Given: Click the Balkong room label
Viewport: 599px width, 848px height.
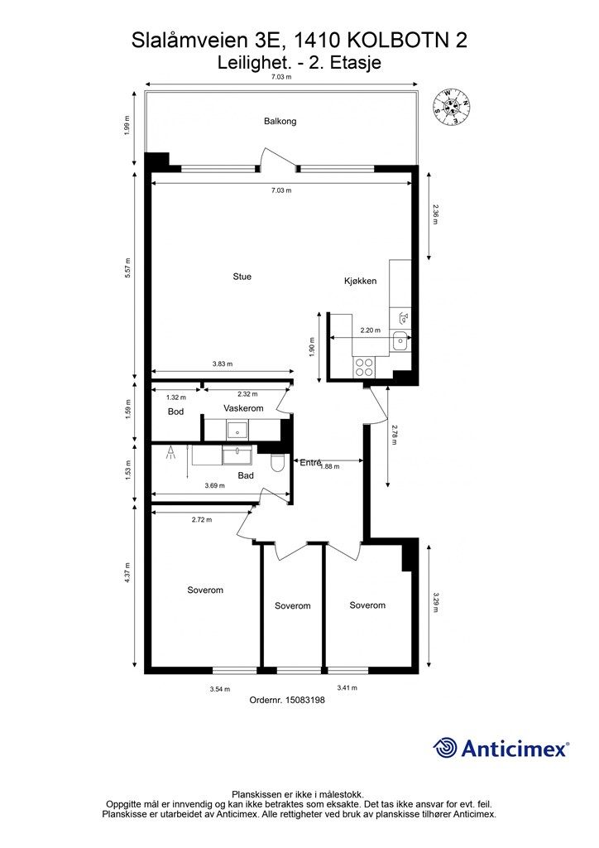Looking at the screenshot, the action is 280,121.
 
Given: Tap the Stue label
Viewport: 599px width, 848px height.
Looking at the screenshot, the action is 242,277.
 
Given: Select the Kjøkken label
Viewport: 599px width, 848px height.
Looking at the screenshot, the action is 360,281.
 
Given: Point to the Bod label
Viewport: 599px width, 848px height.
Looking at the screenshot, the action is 175,412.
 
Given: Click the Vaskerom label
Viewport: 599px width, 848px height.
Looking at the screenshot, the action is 243,408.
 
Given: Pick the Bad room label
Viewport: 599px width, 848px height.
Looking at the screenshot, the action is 246,475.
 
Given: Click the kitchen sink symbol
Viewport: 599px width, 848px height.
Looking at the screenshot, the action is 400,340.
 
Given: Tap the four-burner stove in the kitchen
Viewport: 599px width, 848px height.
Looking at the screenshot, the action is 363,367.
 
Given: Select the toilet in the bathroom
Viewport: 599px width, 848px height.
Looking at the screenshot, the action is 276,464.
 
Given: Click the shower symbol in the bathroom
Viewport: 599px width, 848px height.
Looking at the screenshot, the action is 170,452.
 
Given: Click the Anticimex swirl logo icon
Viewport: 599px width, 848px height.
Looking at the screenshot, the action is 444,748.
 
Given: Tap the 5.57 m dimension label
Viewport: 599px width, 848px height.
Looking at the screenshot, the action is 128,268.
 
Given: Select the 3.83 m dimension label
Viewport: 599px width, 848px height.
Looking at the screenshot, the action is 222,364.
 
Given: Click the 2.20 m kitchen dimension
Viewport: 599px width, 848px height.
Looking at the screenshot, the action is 371,330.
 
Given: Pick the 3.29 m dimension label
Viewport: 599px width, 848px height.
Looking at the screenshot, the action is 436,603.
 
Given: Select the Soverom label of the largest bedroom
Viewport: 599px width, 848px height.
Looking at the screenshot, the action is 204,590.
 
